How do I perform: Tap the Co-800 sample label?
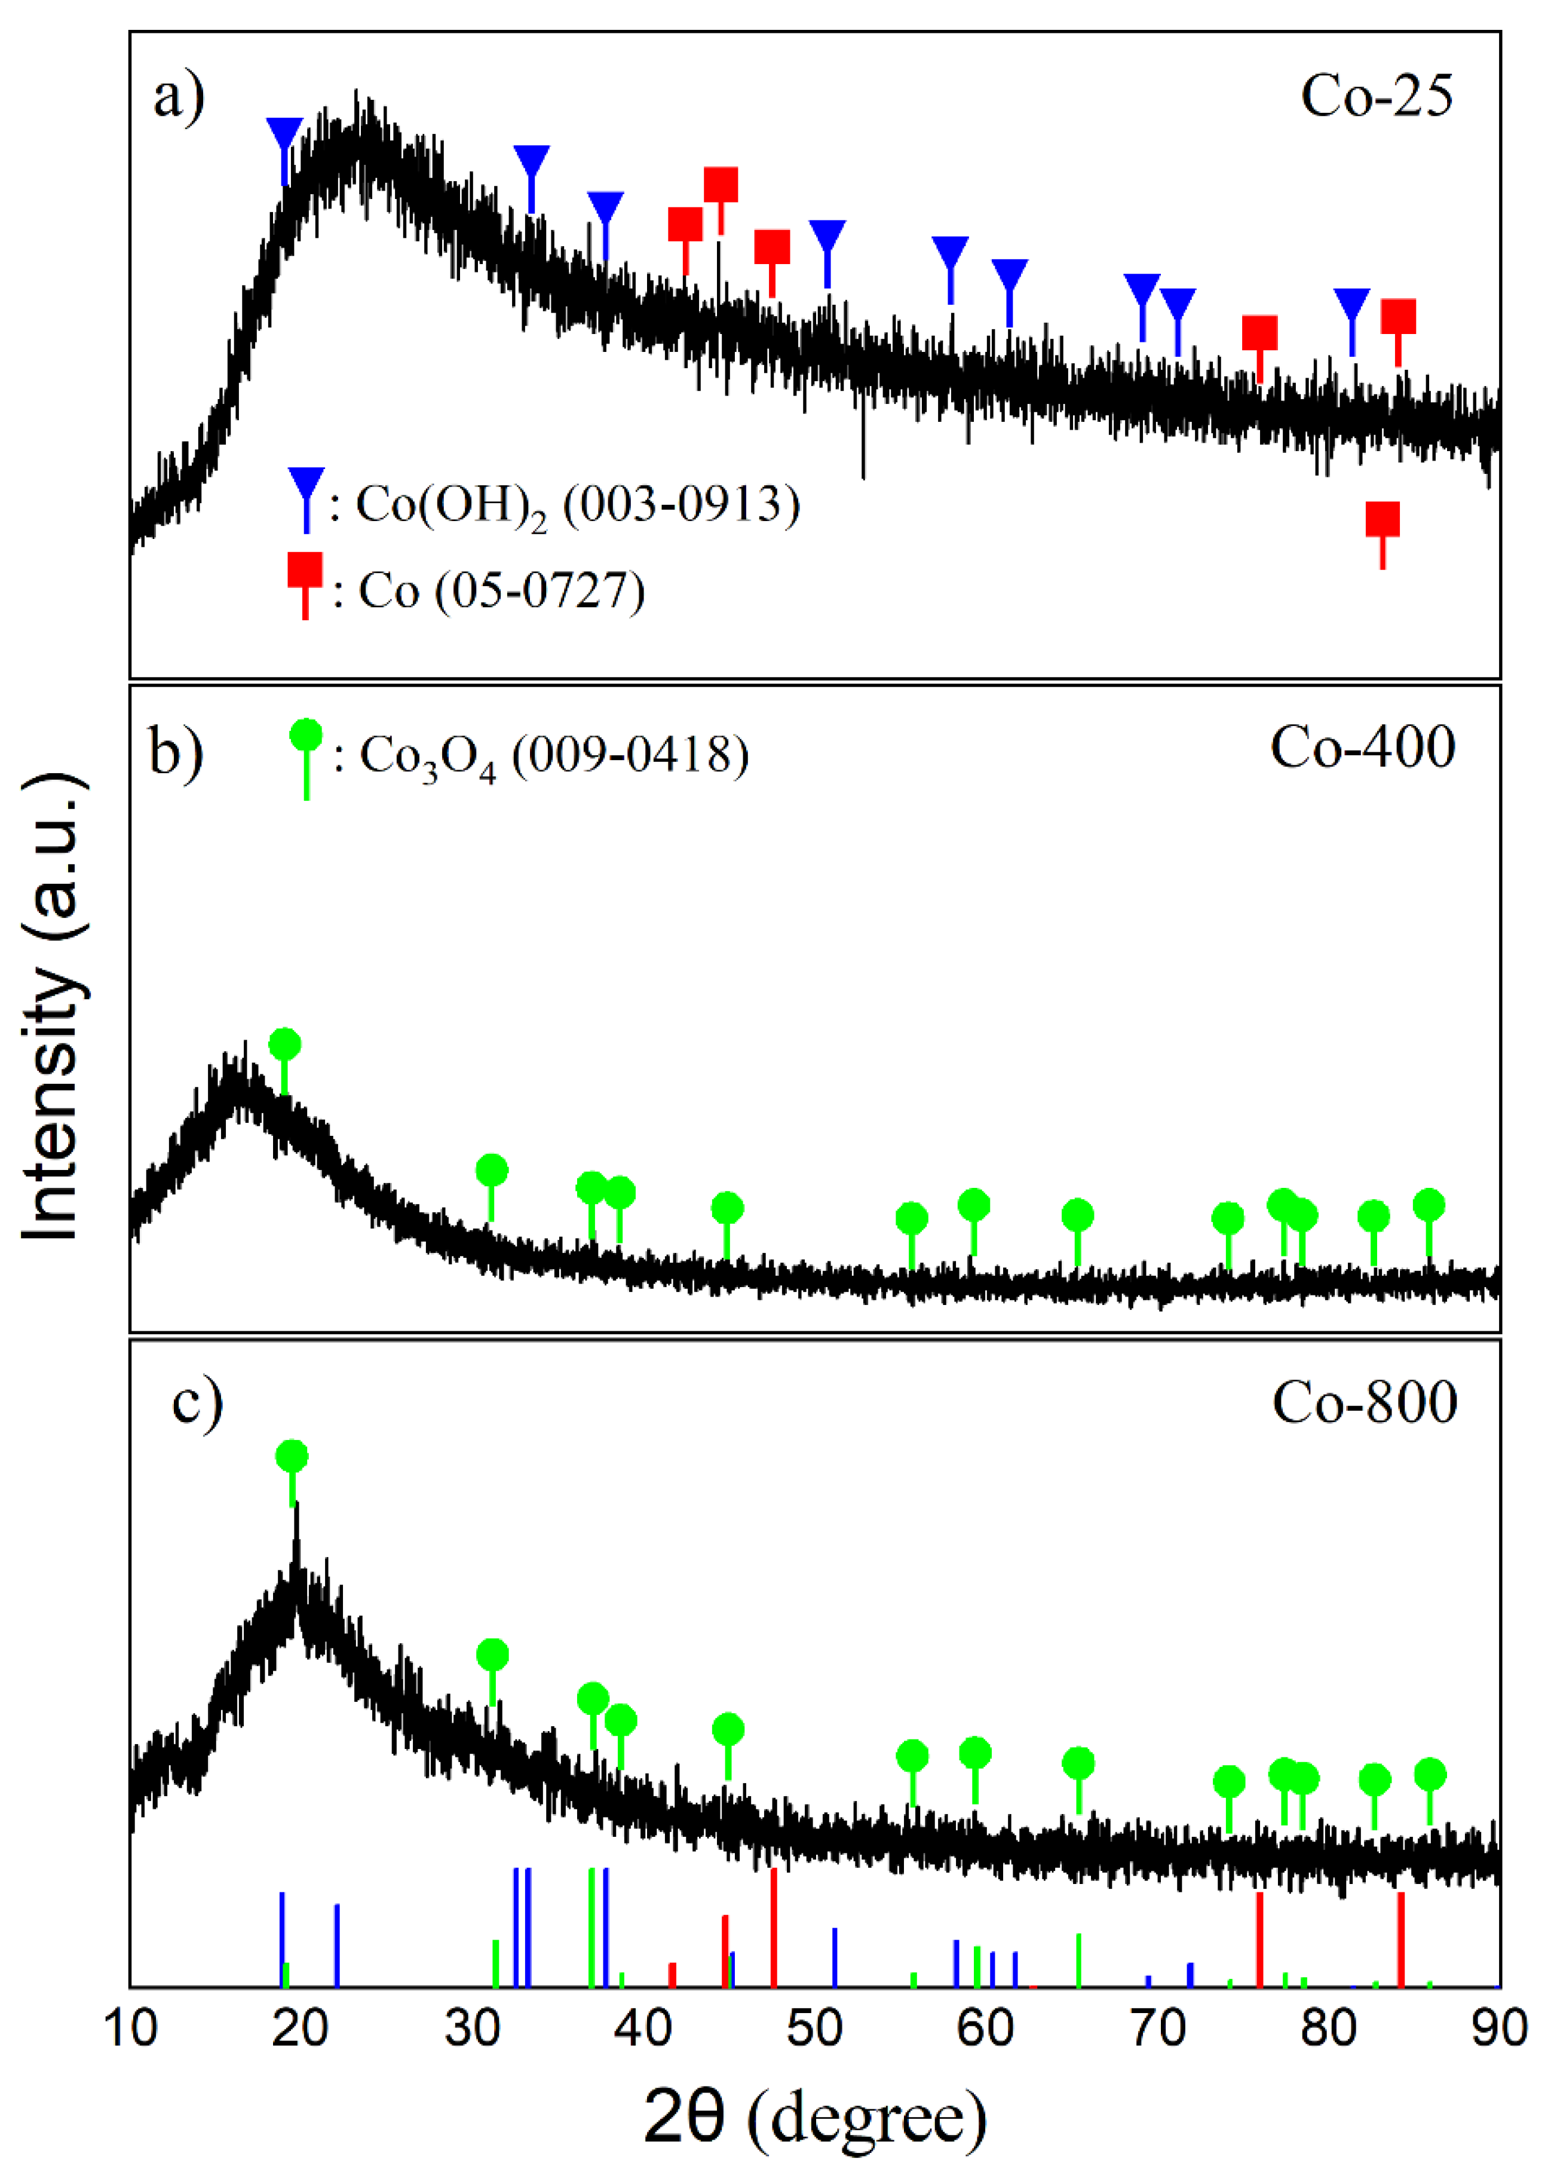[1364, 1403]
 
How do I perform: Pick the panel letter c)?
[198, 1402]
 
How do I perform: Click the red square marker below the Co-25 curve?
[1382, 520]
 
